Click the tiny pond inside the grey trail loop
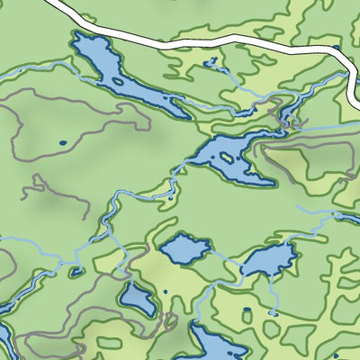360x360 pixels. (62, 142)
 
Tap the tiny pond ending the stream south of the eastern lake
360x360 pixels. (271, 311)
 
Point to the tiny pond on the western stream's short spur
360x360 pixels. (76, 270)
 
